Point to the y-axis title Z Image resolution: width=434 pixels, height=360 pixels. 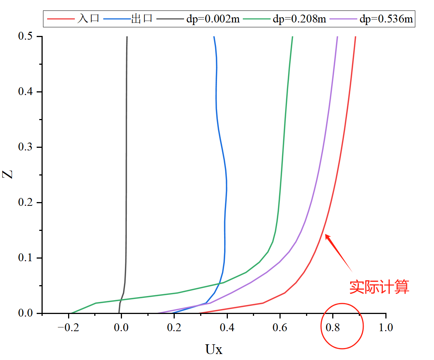pyautogui.click(x=9, y=174)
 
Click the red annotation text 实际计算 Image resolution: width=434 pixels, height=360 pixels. pyautogui.click(x=379, y=287)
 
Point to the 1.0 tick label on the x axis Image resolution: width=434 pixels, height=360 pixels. pyautogui.click(x=386, y=328)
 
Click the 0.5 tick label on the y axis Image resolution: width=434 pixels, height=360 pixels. pyautogui.click(x=25, y=37)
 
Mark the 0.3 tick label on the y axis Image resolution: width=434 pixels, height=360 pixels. pyautogui.click(x=25, y=147)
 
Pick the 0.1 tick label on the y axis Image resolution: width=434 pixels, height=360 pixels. pyautogui.click(x=25, y=258)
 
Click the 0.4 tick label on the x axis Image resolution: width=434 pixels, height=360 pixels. pyautogui.click(x=227, y=328)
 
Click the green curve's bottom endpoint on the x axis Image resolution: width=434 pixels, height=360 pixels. pyautogui.click(x=70, y=313)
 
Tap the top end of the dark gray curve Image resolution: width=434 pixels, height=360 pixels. pyautogui.click(x=127, y=37)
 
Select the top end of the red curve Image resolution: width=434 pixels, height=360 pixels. pyautogui.click(x=355, y=37)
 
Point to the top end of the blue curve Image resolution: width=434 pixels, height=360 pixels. pyautogui.click(x=214, y=37)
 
